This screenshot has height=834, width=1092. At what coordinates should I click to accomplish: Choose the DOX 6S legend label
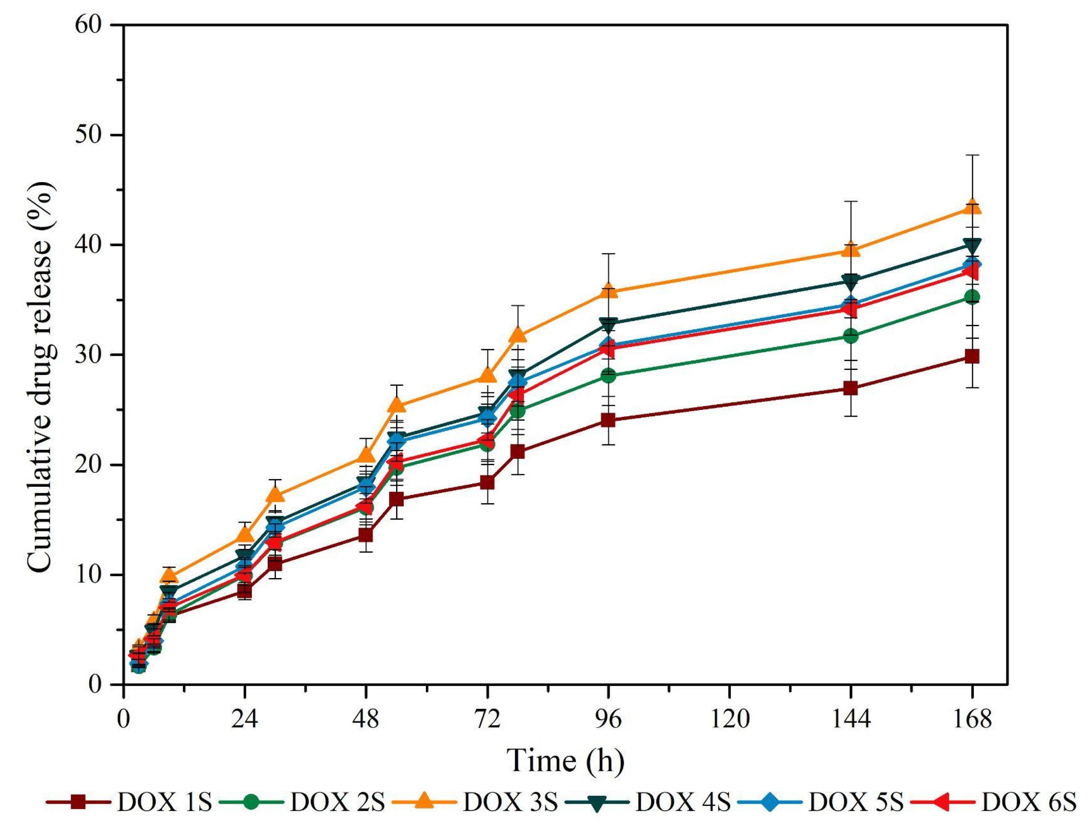pos(1028,802)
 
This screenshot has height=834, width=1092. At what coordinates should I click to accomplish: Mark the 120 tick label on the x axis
pos(729,719)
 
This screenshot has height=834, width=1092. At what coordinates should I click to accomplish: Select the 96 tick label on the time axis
pos(608,719)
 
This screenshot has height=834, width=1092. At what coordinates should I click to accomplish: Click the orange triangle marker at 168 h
pos(972,207)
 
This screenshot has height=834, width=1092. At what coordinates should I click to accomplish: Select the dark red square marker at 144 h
pos(851,388)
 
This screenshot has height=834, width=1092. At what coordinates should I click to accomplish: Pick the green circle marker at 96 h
pos(608,375)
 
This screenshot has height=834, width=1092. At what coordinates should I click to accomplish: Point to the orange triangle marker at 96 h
pos(608,291)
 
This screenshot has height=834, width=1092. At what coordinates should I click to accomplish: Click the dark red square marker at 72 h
pos(487,483)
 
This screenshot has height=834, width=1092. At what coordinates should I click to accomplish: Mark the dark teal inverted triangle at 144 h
pos(851,281)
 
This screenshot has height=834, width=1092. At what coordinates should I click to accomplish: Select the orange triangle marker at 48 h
pos(366,455)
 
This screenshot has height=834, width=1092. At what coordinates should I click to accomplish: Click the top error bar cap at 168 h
pos(972,155)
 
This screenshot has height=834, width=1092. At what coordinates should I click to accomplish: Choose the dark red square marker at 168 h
pos(972,356)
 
